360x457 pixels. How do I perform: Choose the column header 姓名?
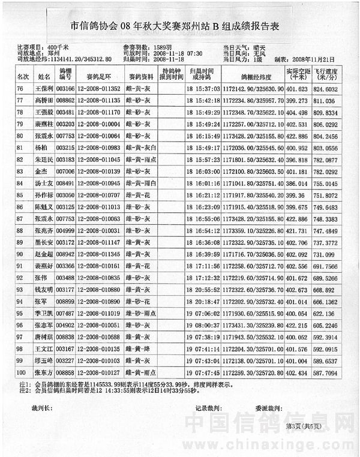point(44,77)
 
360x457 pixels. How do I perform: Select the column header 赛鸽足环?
point(99,77)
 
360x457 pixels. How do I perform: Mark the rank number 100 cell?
point(22,372)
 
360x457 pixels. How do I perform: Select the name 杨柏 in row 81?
point(41,148)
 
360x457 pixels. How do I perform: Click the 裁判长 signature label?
point(43,407)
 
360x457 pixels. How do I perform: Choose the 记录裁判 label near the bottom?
point(207,408)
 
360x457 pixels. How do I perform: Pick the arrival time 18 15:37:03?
point(202,89)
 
